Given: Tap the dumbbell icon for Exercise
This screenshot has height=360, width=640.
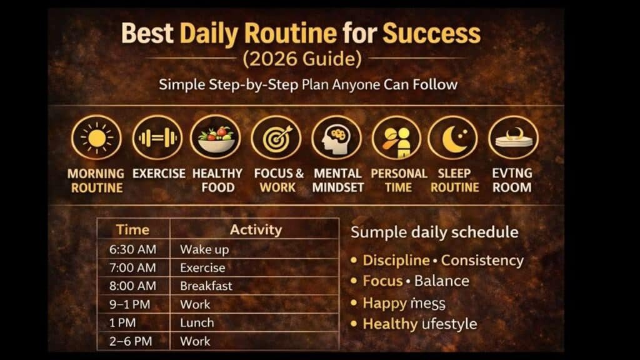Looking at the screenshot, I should pos(157,138).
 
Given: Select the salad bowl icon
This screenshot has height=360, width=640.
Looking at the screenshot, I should pos(216,138).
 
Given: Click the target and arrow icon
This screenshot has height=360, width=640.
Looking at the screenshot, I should pos(276,138).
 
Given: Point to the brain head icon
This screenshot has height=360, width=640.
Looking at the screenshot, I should pos(336,138).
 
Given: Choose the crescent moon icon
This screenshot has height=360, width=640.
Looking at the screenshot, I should pos(453,138).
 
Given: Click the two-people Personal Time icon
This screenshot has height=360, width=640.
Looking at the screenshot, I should pos(396,138).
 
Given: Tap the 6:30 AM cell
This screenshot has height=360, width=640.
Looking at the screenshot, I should pos(132,249).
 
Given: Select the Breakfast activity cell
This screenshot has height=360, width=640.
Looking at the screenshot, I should pos(206,286).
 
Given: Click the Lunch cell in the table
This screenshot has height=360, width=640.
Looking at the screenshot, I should pos(197,322).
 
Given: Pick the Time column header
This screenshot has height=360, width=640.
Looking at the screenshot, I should pos(132,229).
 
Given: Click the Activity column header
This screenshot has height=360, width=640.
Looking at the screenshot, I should pos(255,229).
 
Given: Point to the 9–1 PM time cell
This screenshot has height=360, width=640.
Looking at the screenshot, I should pos(132,304).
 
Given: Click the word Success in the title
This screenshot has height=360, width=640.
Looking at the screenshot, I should pos(431,32).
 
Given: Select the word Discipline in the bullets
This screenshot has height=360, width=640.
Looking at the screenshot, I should pos(396,261).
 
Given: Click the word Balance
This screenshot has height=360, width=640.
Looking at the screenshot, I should pos(441,281).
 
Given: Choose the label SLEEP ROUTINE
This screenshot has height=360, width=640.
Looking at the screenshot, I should pos(454,180).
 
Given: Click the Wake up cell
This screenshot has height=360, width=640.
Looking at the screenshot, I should pos(204,249).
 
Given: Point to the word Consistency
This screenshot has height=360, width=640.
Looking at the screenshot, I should pos(482,261).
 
